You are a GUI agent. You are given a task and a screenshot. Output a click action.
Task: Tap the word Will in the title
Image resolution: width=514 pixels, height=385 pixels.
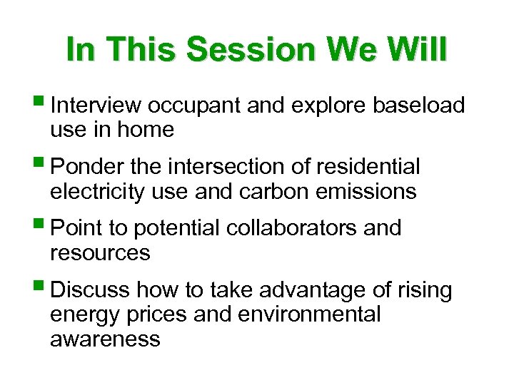[414, 49]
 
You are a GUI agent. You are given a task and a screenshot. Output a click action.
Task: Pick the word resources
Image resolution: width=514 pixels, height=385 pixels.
[100, 253]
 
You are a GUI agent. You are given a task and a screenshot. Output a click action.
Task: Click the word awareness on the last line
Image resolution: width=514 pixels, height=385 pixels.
[105, 339]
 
